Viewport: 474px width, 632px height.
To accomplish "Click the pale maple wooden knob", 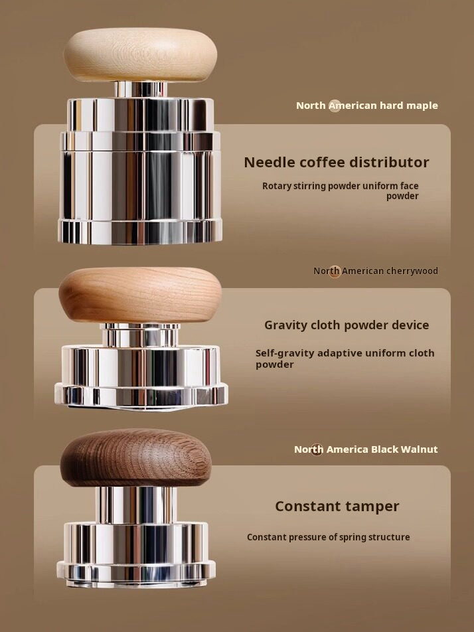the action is [x=140, y=54].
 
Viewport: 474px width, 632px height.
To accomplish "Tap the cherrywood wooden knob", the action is [x=140, y=295].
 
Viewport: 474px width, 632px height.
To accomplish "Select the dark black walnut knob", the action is [x=136, y=457].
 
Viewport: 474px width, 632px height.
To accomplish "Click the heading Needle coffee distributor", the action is [x=337, y=162].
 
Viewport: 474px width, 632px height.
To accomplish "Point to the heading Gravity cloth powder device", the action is [x=347, y=325].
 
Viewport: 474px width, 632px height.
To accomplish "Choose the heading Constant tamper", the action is [x=337, y=507].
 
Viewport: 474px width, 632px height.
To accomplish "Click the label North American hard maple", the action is [x=366, y=106].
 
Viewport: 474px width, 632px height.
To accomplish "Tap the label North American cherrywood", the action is [x=376, y=271].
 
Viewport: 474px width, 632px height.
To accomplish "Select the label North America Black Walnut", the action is [x=366, y=449].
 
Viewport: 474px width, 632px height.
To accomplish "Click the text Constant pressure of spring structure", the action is [x=329, y=537].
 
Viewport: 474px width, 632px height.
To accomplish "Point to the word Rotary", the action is [x=276, y=186].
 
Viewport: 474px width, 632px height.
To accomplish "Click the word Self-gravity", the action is [x=285, y=353].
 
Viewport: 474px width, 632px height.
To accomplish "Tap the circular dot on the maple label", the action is [x=335, y=106].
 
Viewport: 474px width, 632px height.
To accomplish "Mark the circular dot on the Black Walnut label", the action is [x=317, y=449].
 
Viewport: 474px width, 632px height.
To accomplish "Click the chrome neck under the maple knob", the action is [x=140, y=89].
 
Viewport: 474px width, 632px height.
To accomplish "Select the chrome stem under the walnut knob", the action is [x=136, y=505].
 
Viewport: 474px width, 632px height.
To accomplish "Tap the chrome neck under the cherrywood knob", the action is [x=140, y=335].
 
